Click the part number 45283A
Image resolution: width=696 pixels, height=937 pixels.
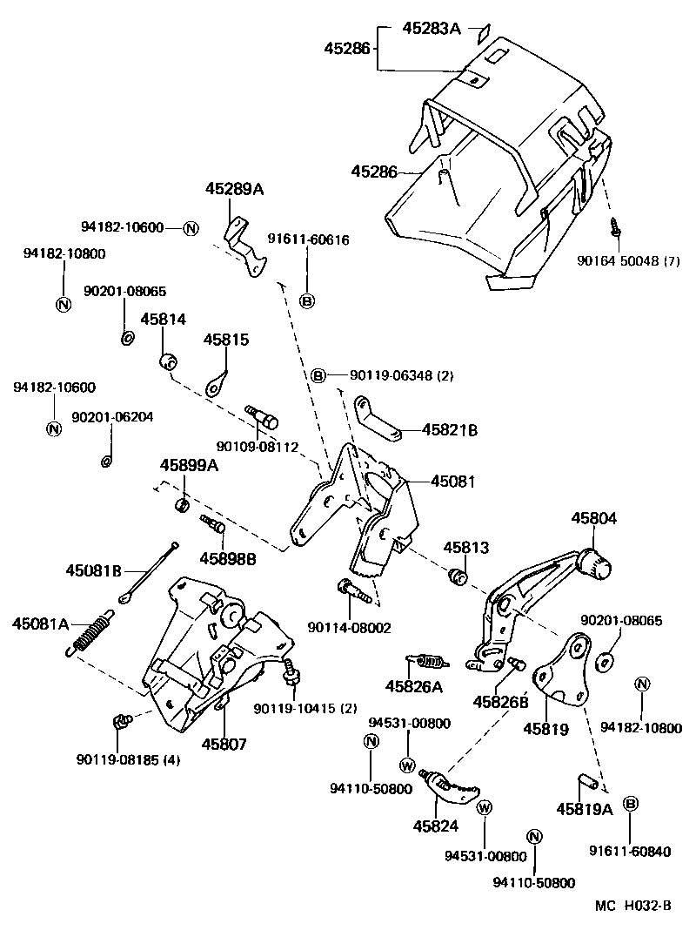coord(431,28)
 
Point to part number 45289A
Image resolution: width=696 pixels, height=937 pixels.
coord(234,188)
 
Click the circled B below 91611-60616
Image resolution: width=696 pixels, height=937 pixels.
coord(306,301)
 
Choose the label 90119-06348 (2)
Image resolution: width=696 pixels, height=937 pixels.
coord(390,375)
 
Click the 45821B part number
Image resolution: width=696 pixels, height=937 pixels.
coord(451,429)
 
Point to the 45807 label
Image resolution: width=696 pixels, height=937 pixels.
coord(224,745)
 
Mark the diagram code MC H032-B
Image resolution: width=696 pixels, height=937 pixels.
coord(632,906)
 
